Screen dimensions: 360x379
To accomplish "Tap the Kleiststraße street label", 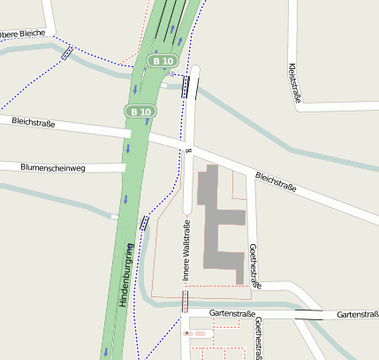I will click(294, 83).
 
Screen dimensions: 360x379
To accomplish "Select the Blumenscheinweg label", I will click(52, 166).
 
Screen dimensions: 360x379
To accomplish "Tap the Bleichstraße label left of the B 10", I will click(34, 122).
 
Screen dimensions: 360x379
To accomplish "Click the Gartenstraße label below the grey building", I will click(232, 314).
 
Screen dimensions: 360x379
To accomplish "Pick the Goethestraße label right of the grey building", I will click(254, 266).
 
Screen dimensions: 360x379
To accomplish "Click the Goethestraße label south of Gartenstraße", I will click(258, 340).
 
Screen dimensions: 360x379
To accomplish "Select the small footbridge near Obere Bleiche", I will click(67, 53).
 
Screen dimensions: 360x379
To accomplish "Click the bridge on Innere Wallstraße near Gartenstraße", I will click(185, 302).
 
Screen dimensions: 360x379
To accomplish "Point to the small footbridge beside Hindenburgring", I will click(144, 222).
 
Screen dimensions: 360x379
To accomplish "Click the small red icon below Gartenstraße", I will click(186, 333).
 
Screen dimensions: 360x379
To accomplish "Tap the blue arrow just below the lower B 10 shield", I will click(127, 149).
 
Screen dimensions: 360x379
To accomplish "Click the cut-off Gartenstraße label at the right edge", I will click(358, 315).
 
